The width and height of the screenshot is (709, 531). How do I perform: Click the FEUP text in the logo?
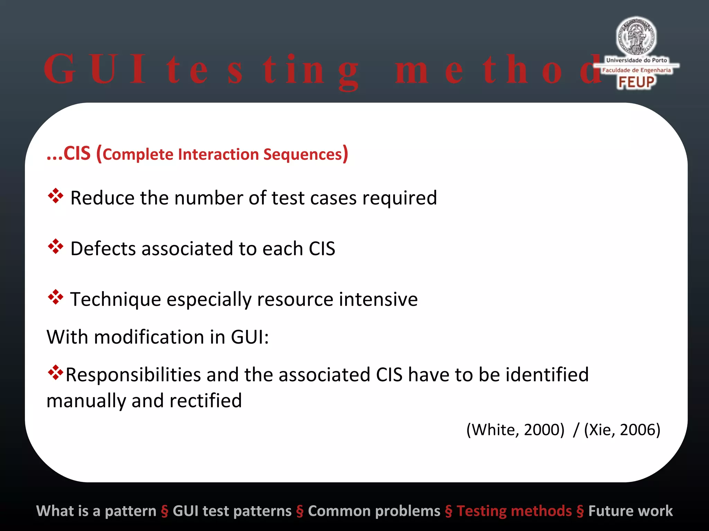pos(636,82)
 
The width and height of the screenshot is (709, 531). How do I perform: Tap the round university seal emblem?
pos(636,36)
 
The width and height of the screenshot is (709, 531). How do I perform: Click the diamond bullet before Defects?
pos(55,246)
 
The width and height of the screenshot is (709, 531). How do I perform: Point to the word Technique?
pos(116,299)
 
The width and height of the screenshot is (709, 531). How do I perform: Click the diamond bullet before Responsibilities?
pos(55,373)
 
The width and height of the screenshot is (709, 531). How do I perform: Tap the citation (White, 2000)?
pos(515,430)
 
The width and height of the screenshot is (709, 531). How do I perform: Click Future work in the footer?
pos(630,511)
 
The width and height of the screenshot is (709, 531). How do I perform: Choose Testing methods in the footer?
pos(514,511)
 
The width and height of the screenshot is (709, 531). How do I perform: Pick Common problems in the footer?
pos(374,511)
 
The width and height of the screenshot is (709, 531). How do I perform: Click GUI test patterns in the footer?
pos(232,511)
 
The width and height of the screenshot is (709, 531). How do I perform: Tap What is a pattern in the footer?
pos(96,511)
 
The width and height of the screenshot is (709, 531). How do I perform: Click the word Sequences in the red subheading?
pos(303,155)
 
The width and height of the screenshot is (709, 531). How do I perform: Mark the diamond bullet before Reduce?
pos(55,196)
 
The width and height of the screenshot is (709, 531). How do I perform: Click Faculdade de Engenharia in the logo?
pos(636,70)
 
